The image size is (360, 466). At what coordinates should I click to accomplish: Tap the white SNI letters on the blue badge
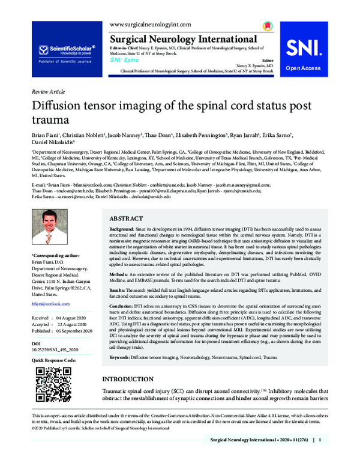click(x=310, y=49)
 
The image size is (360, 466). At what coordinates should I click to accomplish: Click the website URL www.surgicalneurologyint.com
click(x=151, y=24)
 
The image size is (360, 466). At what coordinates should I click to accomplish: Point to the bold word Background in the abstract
click(x=122, y=231)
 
